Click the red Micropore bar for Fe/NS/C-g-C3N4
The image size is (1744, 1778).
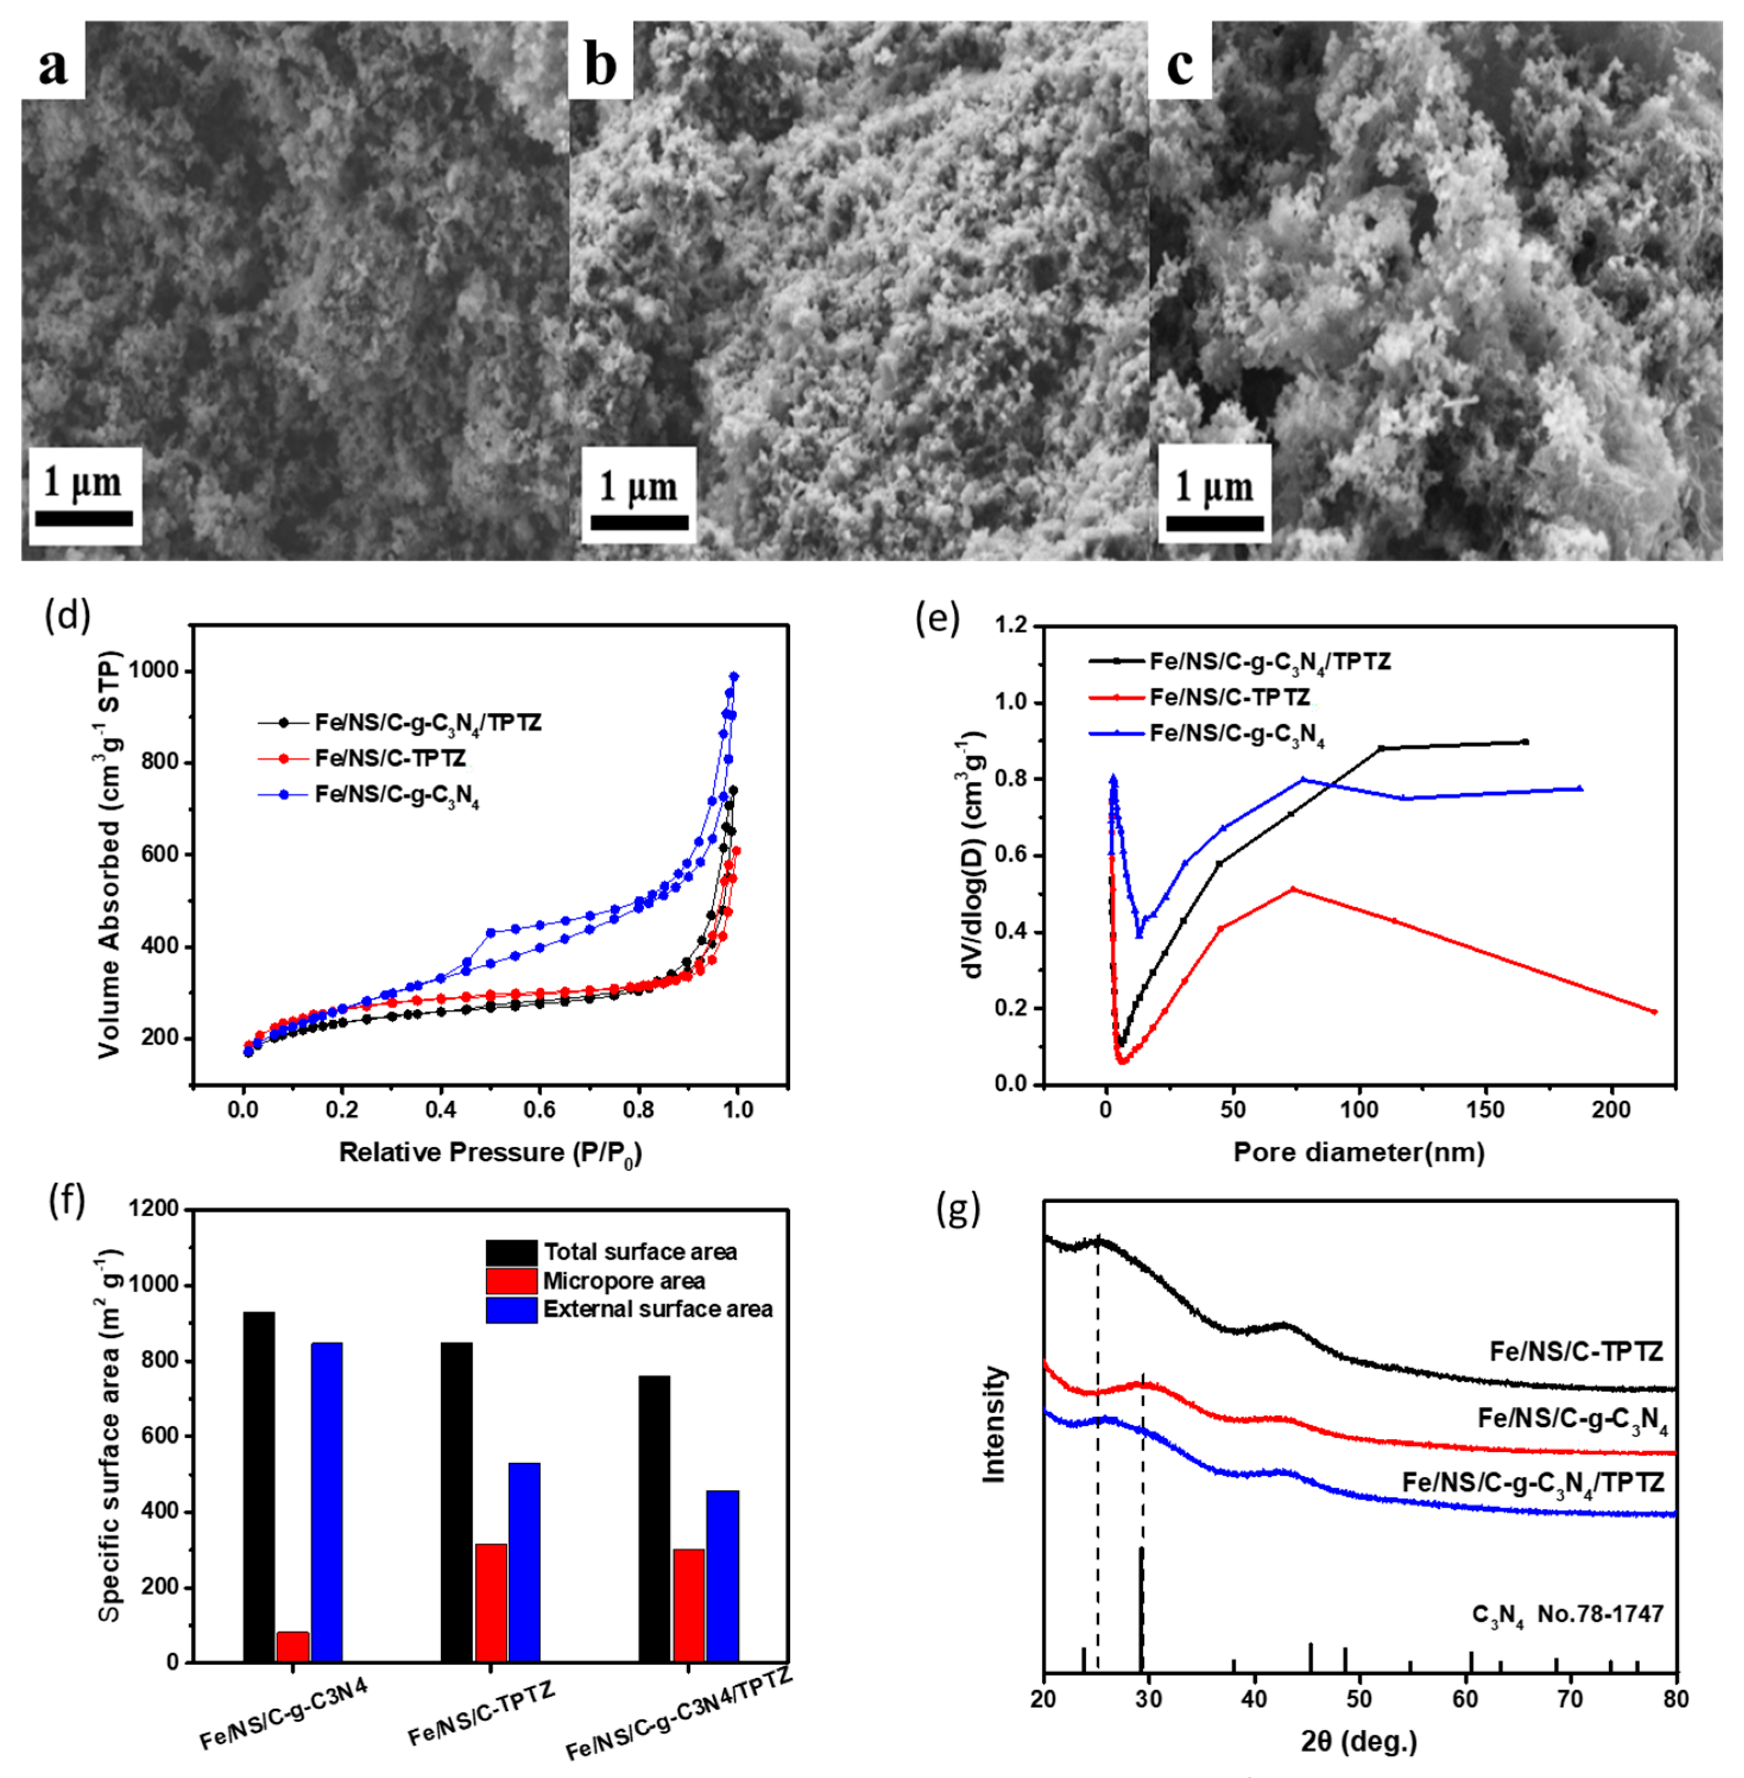[x=292, y=1646]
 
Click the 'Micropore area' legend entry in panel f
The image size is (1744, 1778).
[x=623, y=1281]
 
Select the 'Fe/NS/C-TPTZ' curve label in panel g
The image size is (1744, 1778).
[x=1575, y=1351]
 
